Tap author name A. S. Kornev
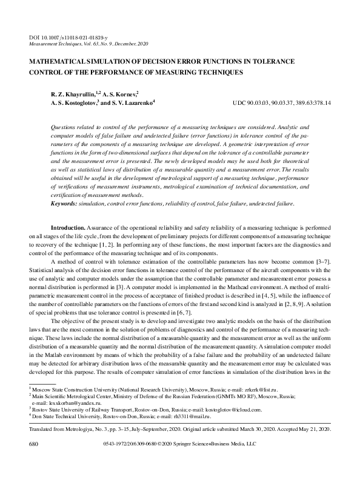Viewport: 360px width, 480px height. pyautogui.click(x=120, y=94)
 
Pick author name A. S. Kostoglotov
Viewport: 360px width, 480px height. pyautogui.click(x=73, y=103)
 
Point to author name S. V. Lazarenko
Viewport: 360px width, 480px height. pyautogui.click(x=132, y=103)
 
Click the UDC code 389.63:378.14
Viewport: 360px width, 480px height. pyautogui.click(x=309, y=104)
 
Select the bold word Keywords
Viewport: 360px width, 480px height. pyautogui.click(x=64, y=204)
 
